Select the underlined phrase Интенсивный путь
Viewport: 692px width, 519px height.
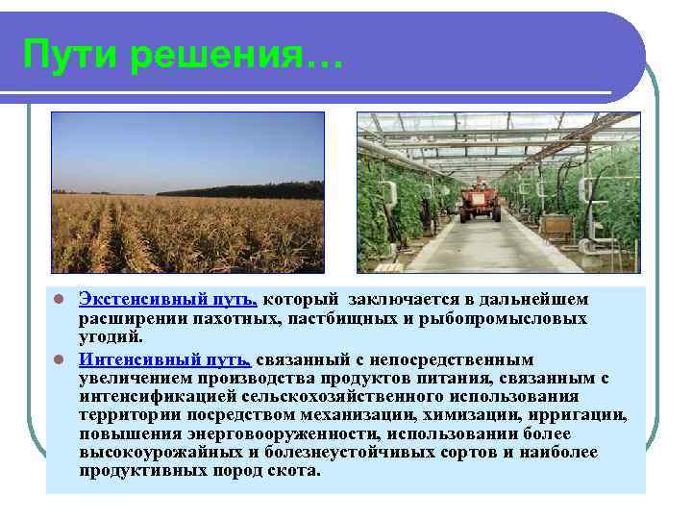coord(165,358)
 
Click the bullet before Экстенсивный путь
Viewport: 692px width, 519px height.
coord(59,300)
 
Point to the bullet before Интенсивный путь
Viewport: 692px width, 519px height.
coord(59,359)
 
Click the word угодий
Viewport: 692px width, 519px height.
coord(111,336)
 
